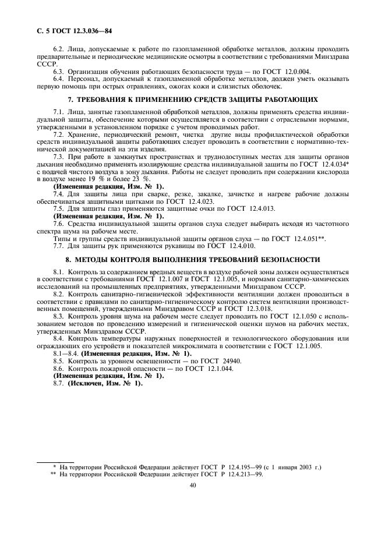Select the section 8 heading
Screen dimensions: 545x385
pos(193,260)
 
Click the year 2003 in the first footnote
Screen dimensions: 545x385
pos(301,468)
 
